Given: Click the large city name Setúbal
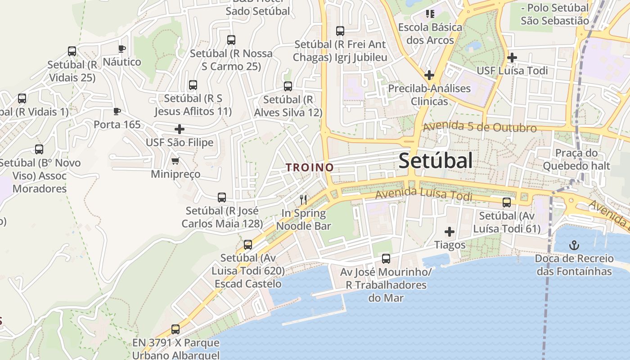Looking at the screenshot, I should tap(436, 161).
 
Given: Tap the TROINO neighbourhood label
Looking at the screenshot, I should tap(310, 167).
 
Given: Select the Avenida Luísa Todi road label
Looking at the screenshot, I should tap(424, 195).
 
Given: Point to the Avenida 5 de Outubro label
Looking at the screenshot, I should tap(480, 127).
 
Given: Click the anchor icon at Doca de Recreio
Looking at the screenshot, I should tap(574, 245).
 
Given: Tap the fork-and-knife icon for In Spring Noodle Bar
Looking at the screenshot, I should tap(303, 199).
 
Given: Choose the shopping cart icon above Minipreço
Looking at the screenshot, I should tap(175, 161).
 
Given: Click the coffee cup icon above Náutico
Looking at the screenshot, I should tap(121, 49).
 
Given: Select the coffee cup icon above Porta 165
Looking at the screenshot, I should tap(117, 111).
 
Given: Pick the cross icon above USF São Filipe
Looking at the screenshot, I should tap(180, 130).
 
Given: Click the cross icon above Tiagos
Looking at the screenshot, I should tap(449, 232).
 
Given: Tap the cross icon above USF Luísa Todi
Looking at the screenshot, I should tap(512, 58).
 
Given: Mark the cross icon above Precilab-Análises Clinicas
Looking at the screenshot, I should tap(429, 75).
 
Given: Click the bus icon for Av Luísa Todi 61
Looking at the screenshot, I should tap(507, 202).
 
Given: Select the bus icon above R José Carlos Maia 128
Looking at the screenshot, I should tap(222, 197).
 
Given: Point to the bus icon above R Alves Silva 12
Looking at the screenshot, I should tap(288, 86).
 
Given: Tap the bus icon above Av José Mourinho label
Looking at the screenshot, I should tap(386, 258).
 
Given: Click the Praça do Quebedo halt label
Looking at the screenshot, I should tap(576, 159).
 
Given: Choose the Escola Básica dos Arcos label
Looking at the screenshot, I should tap(430, 34).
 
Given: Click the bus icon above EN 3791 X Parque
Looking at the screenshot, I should tap(175, 329).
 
